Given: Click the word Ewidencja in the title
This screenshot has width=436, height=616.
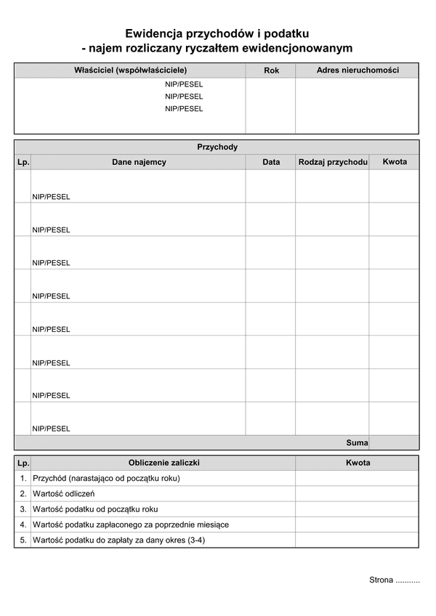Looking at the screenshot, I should pyautogui.click(x=153, y=33).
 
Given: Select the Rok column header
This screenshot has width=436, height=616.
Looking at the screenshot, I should pyautogui.click(x=271, y=70).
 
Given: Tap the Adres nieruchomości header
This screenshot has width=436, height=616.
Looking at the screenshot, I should pyautogui.click(x=357, y=70).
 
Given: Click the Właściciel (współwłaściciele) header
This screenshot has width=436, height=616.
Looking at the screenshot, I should pyautogui.click(x=130, y=70).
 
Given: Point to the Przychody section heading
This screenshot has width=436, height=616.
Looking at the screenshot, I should pyautogui.click(x=217, y=147).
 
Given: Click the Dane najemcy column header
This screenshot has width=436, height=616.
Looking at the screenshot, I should pyautogui.click(x=139, y=162).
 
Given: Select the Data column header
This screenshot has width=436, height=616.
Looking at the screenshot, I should pyautogui.click(x=271, y=162).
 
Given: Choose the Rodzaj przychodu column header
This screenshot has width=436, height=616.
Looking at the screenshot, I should pyautogui.click(x=332, y=162).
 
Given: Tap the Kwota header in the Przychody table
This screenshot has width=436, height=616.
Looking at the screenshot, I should pyautogui.click(x=395, y=161).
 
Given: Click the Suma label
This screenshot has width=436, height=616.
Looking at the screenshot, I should pyautogui.click(x=357, y=442).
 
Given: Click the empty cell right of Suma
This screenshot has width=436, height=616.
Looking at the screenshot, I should pyautogui.click(x=394, y=442).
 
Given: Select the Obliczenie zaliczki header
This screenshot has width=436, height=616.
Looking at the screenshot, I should pyautogui.click(x=163, y=463).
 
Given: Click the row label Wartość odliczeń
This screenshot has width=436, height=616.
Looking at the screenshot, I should pyautogui.click(x=63, y=494).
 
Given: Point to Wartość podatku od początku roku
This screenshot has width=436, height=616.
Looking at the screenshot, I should pyautogui.click(x=95, y=509).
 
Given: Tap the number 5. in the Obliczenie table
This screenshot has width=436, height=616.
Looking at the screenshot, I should pyautogui.click(x=23, y=540).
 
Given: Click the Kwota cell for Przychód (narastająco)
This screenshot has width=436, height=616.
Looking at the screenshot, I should pyautogui.click(x=357, y=479).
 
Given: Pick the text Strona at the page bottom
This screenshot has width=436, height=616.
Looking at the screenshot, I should pyautogui.click(x=381, y=580).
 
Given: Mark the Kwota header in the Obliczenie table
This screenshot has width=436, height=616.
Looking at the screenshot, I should pyautogui.click(x=358, y=463).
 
